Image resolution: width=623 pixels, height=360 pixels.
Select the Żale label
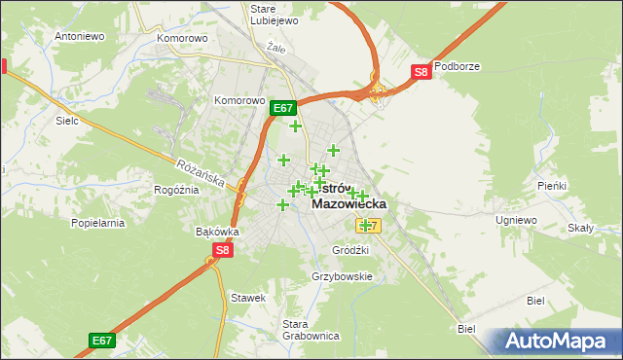(276, 46)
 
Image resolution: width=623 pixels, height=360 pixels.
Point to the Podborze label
(458, 67)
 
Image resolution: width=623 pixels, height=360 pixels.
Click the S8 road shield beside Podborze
(420, 71)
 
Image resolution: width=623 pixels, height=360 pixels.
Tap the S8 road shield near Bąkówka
(223, 250)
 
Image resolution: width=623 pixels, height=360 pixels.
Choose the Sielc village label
(67, 122)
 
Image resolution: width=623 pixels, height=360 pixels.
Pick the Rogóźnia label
(177, 190)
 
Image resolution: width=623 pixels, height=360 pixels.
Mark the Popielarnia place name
(98, 223)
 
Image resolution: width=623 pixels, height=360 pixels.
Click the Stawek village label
(248, 298)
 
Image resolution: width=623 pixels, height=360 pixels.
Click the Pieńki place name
(551, 185)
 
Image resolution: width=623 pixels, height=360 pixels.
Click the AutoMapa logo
(553, 341)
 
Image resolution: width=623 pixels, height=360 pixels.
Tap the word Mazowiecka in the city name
(348, 204)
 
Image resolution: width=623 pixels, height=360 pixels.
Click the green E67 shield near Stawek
(102, 340)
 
